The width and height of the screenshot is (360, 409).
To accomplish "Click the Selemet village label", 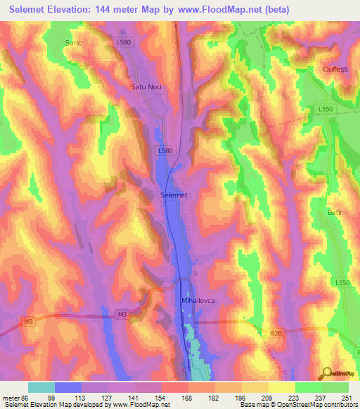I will click(x=174, y=195).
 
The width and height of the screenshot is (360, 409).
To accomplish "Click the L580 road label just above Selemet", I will click(x=165, y=150).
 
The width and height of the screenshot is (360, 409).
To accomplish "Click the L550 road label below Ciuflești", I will click(x=325, y=110).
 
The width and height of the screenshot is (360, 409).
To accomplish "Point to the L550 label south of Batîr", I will click(x=342, y=283).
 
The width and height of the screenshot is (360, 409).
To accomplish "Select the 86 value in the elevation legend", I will click(x=24, y=398).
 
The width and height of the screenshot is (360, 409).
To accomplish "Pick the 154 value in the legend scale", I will click(x=160, y=398).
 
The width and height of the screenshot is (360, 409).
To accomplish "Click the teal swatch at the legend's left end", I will click(x=41, y=387).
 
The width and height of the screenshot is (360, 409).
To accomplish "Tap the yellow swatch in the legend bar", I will click(x=282, y=387).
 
